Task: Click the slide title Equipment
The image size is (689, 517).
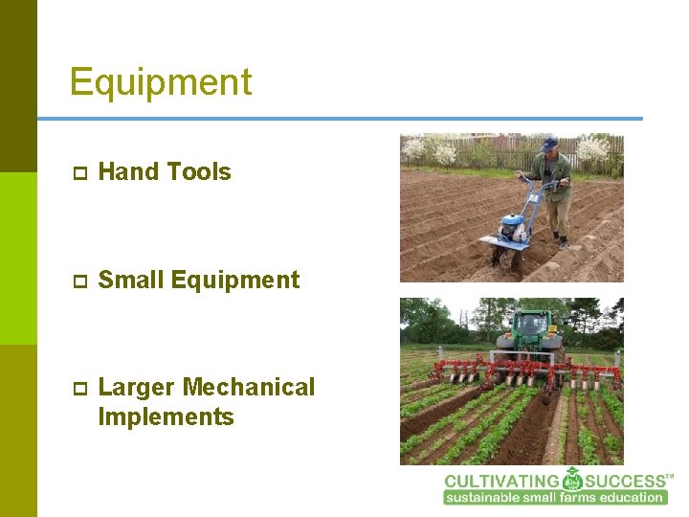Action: (161, 82)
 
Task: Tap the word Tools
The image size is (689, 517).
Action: (197, 172)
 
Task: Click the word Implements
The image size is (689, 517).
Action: (166, 417)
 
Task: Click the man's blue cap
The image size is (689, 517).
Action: (548, 144)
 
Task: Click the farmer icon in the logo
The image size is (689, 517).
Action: (572, 479)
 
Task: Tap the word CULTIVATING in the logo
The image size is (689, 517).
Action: (501, 481)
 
